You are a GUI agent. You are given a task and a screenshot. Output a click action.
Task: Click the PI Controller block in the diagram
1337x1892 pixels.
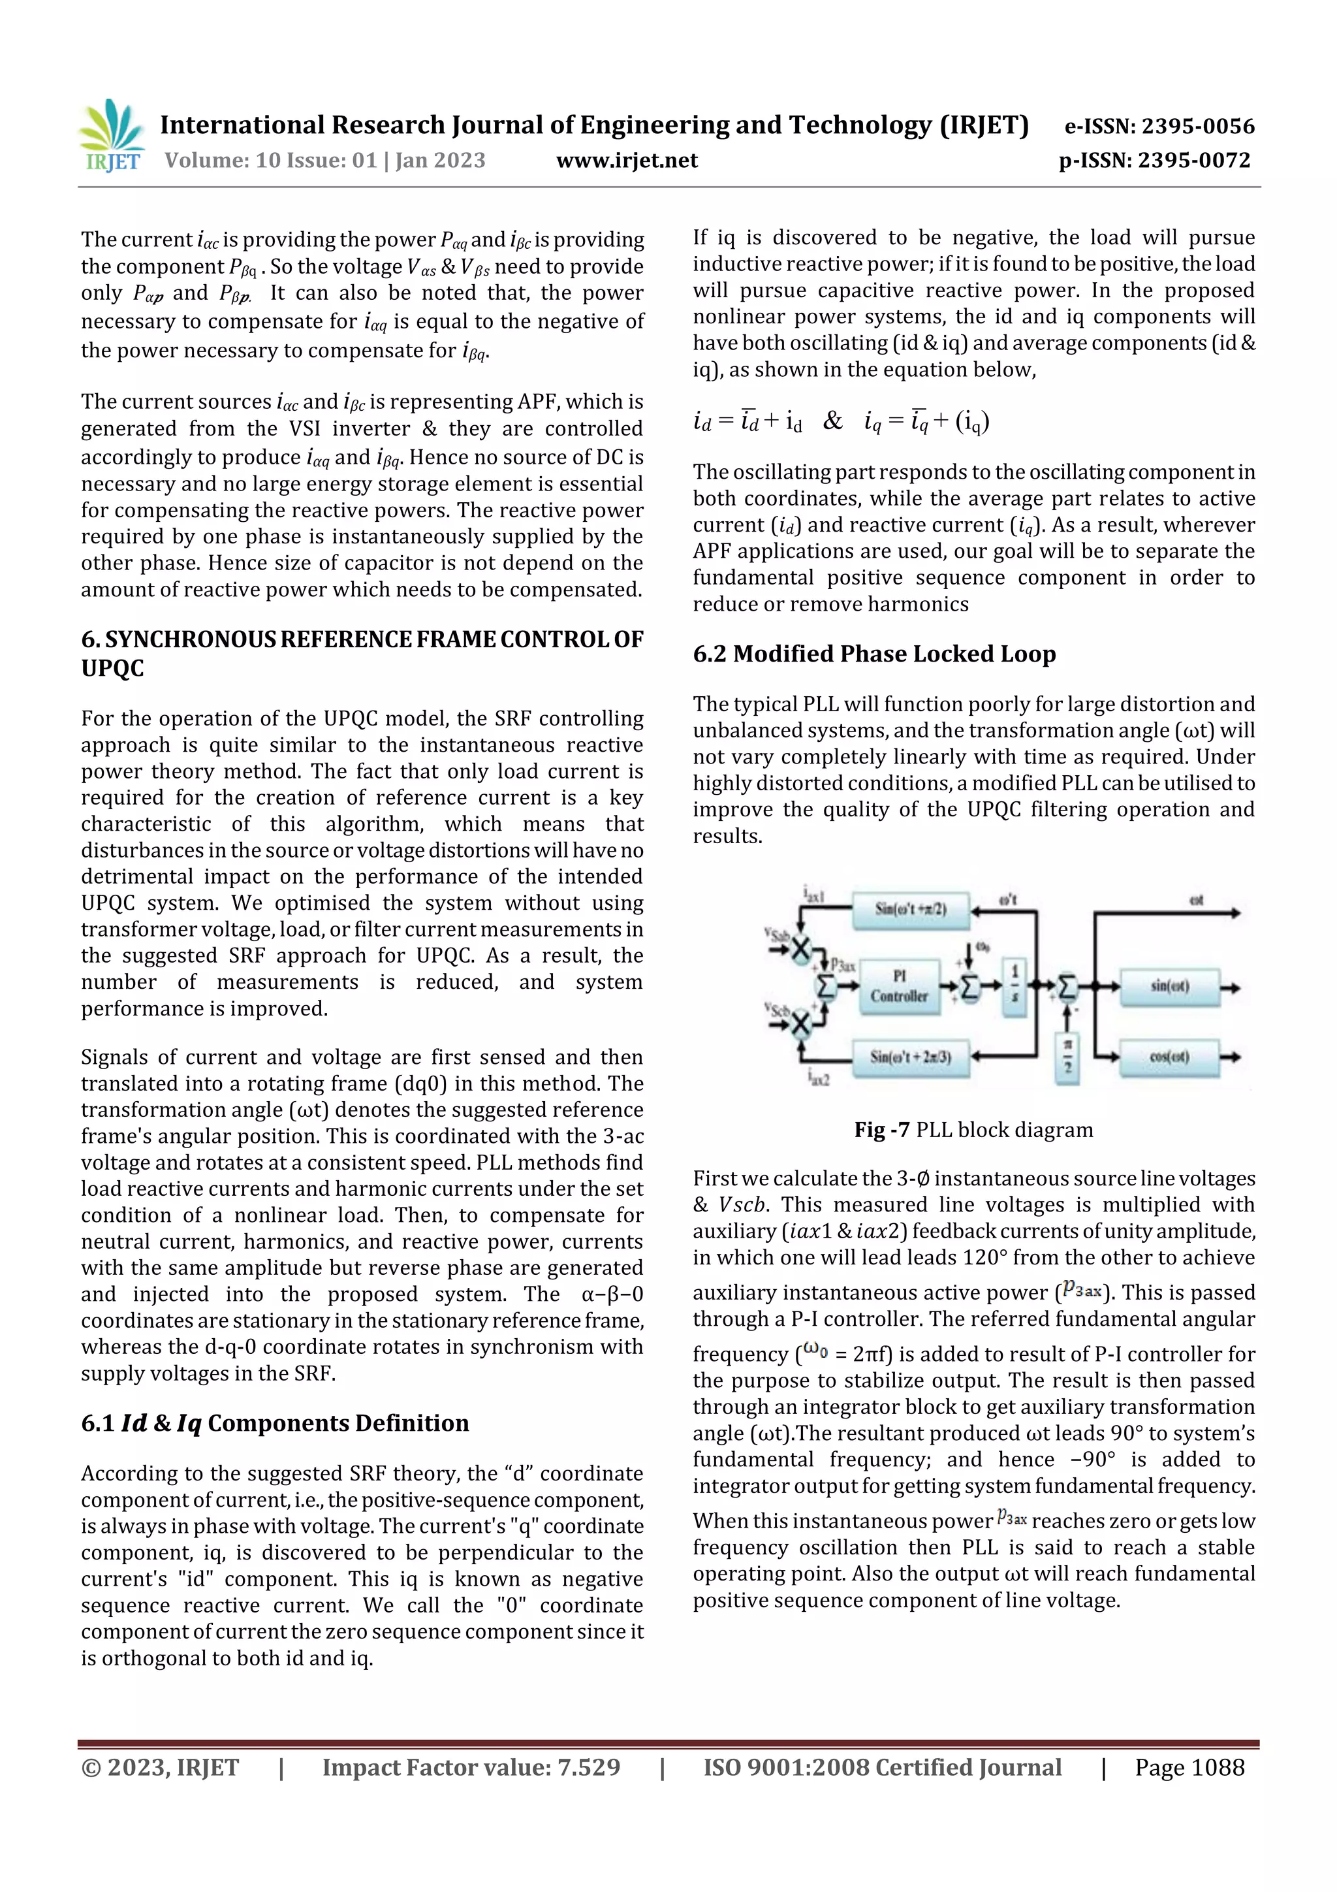(899, 986)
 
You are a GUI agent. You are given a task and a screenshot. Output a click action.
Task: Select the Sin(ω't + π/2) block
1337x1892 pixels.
(910, 909)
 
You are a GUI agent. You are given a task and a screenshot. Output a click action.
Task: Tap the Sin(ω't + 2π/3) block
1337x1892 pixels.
(910, 1057)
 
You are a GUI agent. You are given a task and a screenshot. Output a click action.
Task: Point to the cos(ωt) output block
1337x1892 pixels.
(1168, 1057)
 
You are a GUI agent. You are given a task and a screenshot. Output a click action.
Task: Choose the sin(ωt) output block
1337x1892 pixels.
(1168, 986)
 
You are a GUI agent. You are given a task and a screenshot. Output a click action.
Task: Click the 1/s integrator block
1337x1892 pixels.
(1014, 986)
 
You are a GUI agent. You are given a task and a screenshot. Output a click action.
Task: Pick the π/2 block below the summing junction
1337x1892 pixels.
(1067, 1057)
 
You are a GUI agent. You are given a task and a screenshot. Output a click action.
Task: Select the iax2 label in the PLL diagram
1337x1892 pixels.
(818, 1078)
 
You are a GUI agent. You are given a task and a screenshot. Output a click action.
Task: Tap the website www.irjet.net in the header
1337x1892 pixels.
(626, 161)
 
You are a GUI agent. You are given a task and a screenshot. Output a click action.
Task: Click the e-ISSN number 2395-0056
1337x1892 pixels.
(1198, 126)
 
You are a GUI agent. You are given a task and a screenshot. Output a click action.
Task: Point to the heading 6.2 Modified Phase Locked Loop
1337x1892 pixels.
(873, 654)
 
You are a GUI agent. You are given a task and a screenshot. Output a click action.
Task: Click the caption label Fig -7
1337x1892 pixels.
(881, 1130)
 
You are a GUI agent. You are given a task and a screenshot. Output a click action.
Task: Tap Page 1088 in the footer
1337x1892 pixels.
(1189, 1767)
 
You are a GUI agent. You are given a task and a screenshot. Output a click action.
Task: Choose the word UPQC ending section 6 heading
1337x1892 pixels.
(112, 668)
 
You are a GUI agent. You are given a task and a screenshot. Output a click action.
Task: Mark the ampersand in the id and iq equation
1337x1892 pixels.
(833, 421)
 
